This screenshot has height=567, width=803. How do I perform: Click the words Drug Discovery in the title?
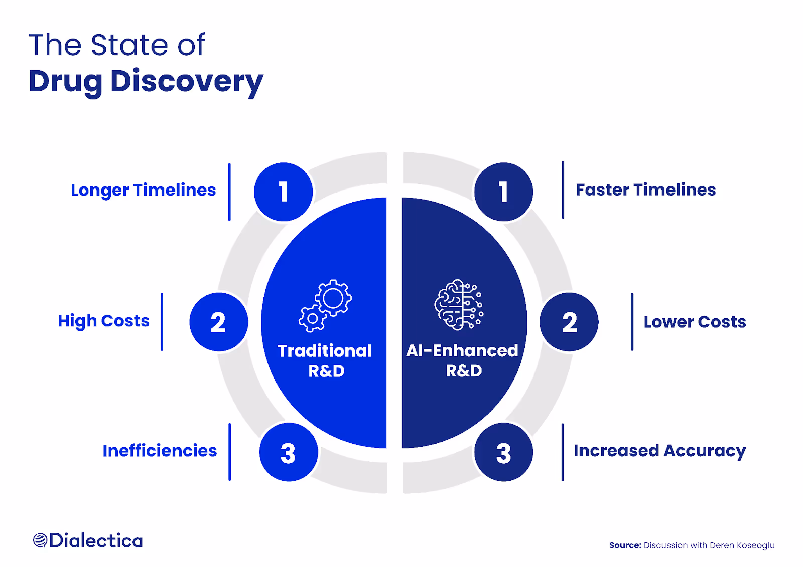(x=146, y=82)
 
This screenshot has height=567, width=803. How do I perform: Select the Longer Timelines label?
(x=144, y=190)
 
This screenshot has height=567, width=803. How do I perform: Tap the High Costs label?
(x=103, y=321)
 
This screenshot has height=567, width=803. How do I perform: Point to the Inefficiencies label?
(x=160, y=451)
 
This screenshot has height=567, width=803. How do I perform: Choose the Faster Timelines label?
(x=645, y=190)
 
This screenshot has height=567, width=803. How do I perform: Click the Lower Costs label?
(x=695, y=322)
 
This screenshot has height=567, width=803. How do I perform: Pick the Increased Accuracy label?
(x=659, y=451)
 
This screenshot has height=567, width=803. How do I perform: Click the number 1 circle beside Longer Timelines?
(x=284, y=192)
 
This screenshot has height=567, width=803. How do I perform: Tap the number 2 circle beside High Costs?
(x=219, y=322)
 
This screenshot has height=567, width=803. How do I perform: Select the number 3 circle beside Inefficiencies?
(x=289, y=452)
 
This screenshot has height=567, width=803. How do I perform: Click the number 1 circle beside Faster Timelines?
(x=504, y=192)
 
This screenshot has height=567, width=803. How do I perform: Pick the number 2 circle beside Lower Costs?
(x=569, y=322)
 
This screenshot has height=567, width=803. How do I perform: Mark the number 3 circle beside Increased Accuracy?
(x=504, y=452)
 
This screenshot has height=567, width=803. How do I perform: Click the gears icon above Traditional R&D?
(x=325, y=306)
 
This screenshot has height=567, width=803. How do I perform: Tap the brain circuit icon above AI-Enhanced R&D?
(x=459, y=305)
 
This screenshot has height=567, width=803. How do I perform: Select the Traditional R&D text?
(x=325, y=360)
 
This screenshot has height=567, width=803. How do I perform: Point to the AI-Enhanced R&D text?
(x=462, y=360)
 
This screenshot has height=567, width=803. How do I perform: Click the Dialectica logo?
(x=88, y=540)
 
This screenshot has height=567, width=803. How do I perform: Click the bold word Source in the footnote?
(x=625, y=545)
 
